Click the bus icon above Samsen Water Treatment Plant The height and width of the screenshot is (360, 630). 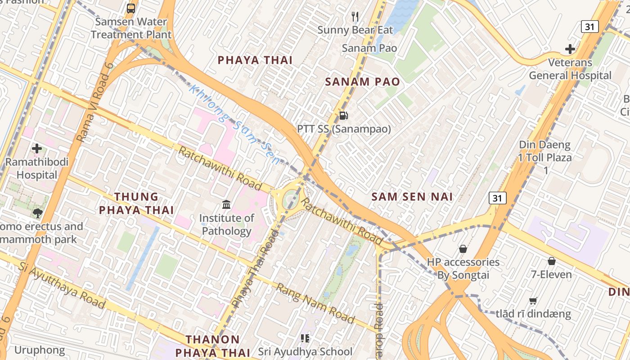pos(130,8)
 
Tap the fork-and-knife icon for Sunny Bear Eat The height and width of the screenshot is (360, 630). pos(355,17)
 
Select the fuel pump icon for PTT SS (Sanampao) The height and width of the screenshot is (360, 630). pos(343,116)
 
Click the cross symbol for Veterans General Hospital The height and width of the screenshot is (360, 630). pos(570,49)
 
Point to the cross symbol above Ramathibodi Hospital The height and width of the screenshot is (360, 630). pos(37,148)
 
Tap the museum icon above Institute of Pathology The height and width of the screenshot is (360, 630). pos(226,205)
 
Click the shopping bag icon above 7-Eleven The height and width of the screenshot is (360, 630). pos(551,261)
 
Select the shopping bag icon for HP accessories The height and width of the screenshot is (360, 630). pos(463,249)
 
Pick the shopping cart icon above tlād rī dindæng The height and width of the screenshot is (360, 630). pos(533,301)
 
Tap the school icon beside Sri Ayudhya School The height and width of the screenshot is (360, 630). pos(305,338)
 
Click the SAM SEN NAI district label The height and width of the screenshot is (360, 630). pos(412,197)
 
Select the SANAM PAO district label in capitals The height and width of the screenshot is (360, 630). pos(362,82)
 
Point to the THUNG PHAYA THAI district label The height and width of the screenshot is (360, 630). pos(136,203)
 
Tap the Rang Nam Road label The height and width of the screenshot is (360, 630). pos(315,303)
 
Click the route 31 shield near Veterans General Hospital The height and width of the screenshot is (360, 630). pos(589,27)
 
